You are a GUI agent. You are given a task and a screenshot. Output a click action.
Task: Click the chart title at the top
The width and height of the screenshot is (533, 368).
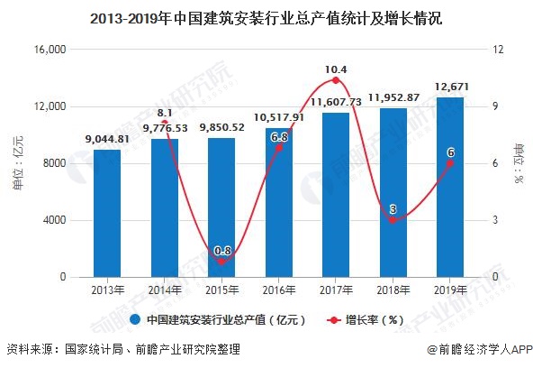coord(266,17)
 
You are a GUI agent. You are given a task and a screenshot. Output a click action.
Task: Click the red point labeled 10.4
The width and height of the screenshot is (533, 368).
coord(336,80)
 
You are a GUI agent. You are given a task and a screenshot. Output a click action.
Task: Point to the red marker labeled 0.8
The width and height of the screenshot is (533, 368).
coord(221,262)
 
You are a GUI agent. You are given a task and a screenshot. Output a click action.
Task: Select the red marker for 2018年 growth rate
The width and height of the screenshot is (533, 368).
coord(393,220)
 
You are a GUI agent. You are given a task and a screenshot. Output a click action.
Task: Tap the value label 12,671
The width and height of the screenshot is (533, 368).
coord(450,87)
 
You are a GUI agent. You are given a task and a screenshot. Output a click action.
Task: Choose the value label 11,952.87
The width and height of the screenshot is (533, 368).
coord(393,97)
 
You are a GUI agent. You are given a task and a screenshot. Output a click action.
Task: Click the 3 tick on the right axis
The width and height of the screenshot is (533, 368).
coord(492,220)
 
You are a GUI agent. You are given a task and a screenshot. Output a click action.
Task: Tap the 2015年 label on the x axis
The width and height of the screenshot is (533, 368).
coord(221,290)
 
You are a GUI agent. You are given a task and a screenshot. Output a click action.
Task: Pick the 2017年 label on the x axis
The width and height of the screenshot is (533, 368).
coord(336,290)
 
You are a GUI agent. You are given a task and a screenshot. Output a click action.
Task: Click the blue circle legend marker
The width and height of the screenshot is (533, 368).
coord(135,319)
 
